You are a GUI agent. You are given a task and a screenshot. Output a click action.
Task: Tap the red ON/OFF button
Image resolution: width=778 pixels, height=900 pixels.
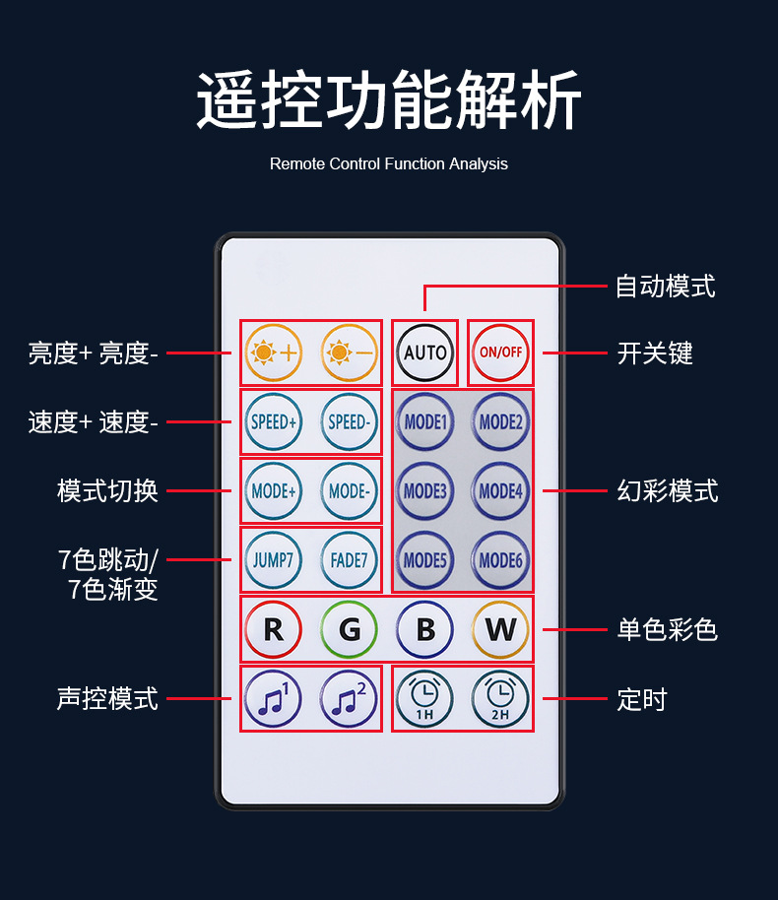click(x=500, y=352)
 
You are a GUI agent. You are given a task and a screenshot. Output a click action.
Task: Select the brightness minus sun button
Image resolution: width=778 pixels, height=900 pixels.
click(x=349, y=352)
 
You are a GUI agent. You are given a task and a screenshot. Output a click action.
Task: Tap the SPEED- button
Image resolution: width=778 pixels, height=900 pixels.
click(x=349, y=421)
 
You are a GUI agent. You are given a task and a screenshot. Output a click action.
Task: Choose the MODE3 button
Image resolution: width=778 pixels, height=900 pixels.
click(x=424, y=490)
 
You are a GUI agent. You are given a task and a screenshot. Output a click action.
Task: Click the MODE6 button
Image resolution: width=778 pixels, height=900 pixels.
click(x=500, y=559)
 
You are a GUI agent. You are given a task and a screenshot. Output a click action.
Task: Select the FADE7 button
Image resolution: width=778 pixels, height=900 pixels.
click(x=349, y=559)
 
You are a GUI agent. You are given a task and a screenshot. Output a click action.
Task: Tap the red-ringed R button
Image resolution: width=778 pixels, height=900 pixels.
click(x=273, y=629)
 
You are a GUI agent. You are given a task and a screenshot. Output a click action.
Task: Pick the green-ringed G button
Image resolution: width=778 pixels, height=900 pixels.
click(x=349, y=629)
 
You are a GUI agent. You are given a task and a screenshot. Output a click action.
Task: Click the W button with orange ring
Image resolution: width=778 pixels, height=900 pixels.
click(x=500, y=629)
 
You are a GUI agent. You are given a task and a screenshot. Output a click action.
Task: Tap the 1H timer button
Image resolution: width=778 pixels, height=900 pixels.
click(x=424, y=699)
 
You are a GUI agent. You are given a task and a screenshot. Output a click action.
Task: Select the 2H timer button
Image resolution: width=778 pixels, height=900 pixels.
click(x=500, y=699)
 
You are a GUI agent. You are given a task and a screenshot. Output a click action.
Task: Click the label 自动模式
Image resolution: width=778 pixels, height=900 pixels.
click(x=665, y=287)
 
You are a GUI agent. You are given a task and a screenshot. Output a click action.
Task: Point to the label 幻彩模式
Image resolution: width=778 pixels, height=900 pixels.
click(x=667, y=490)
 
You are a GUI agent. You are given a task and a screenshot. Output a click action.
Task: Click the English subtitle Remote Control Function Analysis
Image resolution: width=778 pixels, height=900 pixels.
click(x=389, y=163)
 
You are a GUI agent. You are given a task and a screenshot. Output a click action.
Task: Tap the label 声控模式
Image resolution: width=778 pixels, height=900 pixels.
click(x=107, y=699)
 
